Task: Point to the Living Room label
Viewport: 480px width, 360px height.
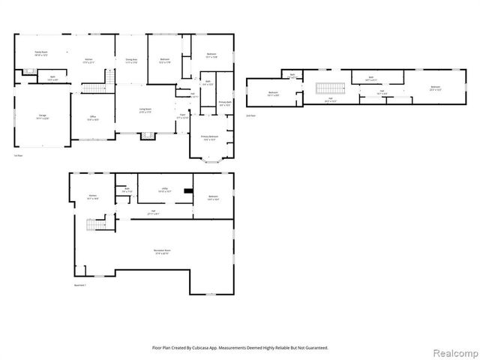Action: pos(145,110)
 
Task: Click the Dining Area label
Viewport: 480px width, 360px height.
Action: pos(130,61)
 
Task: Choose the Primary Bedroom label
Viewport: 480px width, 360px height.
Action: pos(208,138)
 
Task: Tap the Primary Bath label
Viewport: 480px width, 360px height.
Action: pos(223,103)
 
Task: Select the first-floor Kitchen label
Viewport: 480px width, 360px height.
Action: pos(88,61)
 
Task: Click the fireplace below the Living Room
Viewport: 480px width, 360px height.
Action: pos(146,136)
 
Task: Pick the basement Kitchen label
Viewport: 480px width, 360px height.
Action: pos(91,196)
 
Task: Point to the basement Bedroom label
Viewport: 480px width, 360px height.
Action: pos(212,197)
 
